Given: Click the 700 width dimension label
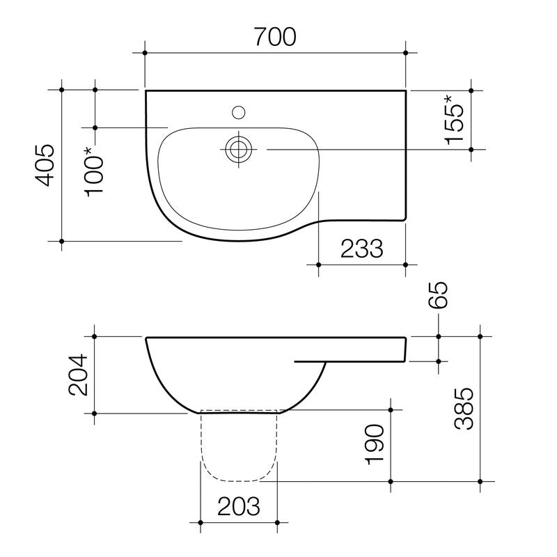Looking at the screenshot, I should pyautogui.click(x=275, y=36).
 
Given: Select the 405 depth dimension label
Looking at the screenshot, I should pyautogui.click(x=45, y=165).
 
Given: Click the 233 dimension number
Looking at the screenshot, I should pyautogui.click(x=362, y=249).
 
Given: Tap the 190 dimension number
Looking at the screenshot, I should pyautogui.click(x=375, y=444).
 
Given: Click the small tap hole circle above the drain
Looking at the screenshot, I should pyautogui.click(x=239, y=111).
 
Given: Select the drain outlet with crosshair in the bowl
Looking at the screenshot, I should pyautogui.click(x=239, y=148).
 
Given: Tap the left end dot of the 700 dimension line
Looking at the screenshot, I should pyautogui.click(x=145, y=53).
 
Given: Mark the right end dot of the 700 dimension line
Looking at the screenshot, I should pyautogui.click(x=407, y=53).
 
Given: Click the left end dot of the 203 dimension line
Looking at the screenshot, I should pyautogui.click(x=201, y=522).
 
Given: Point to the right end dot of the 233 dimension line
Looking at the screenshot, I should pyautogui.click(x=407, y=265).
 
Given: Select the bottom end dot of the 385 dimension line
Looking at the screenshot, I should pyautogui.click(x=480, y=481).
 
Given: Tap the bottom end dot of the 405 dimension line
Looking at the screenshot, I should pyautogui.click(x=62, y=241).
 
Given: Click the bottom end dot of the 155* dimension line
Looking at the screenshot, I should pyautogui.click(x=471, y=149).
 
